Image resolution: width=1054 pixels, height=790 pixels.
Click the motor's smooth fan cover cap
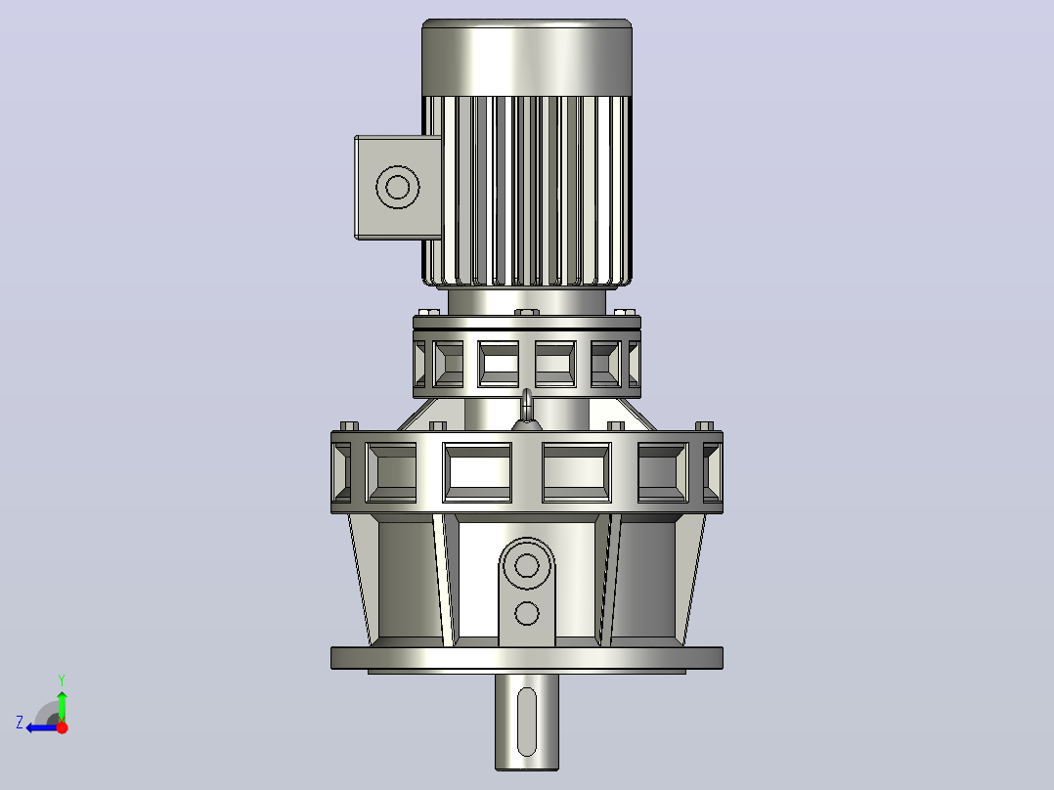526,58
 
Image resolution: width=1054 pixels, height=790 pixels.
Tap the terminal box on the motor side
398,187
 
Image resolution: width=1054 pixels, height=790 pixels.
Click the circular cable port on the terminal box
398,187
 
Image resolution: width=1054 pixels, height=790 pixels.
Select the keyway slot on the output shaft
527,722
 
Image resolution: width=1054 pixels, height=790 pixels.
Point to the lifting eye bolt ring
527,402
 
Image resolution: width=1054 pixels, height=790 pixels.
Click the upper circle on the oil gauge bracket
527,565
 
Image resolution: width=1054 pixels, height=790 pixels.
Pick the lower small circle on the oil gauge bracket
527,613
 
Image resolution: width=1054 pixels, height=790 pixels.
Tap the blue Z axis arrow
42,727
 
